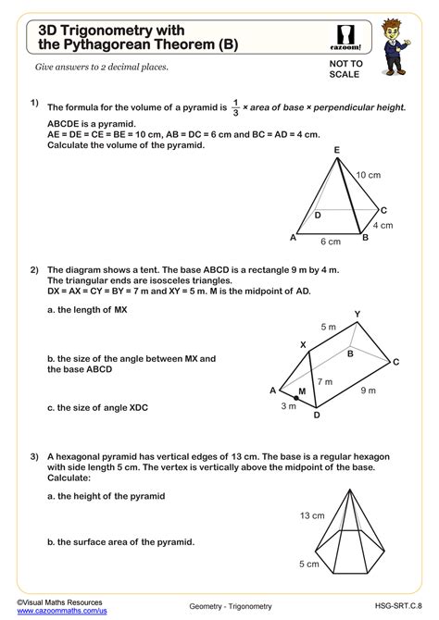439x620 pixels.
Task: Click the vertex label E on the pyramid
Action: pyautogui.click(x=336, y=150)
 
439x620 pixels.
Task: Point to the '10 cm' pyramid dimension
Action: pyautogui.click(x=369, y=175)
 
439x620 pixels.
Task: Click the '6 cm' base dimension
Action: pyautogui.click(x=330, y=242)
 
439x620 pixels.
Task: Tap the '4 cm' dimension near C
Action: pyautogui.click(x=383, y=225)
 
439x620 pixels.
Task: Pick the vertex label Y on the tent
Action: pyautogui.click(x=357, y=315)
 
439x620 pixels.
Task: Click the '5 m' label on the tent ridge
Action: pyautogui.click(x=329, y=327)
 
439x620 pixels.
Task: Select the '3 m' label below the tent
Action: pyautogui.click(x=289, y=405)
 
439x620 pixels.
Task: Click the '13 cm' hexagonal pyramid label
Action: pyautogui.click(x=311, y=515)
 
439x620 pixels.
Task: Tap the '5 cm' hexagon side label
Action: pyautogui.click(x=308, y=564)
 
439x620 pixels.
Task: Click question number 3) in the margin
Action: pyautogui.click(x=34, y=455)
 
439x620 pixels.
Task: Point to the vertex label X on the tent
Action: pyautogui.click(x=302, y=345)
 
